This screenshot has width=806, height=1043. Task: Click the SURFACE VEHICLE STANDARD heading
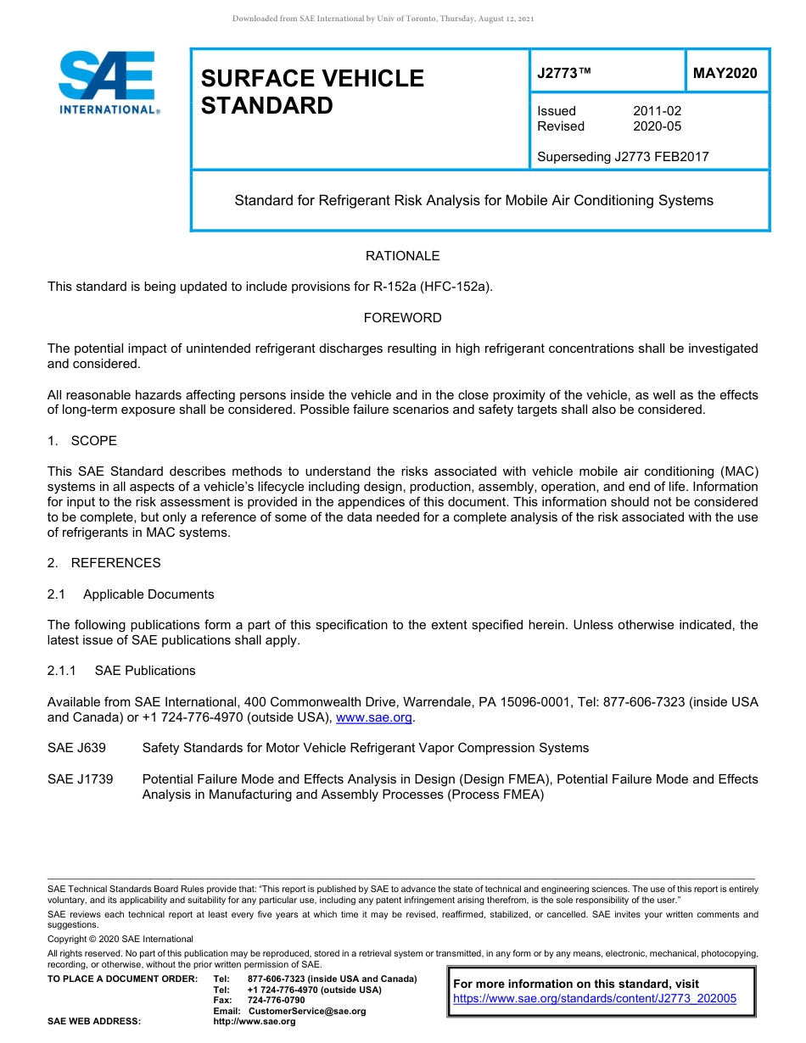click(311, 92)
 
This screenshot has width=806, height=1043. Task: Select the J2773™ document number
click(563, 74)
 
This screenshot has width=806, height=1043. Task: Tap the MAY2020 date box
click(725, 74)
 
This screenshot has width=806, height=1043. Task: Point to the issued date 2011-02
click(657, 111)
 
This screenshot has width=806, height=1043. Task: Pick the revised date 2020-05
click(657, 126)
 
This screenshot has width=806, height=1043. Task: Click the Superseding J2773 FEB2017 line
click(623, 156)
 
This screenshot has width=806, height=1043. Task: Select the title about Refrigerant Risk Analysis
click(473, 201)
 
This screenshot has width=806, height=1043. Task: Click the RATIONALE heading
click(402, 256)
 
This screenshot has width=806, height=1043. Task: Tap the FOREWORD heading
click(402, 318)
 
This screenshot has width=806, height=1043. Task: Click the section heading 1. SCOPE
click(82, 441)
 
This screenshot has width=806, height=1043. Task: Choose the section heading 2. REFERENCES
click(104, 563)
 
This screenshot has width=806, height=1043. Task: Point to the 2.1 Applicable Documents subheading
click(131, 594)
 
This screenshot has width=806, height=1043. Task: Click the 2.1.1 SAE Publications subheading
click(121, 671)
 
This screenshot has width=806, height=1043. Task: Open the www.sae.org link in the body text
click(374, 717)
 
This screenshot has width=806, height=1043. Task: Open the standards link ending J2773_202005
click(595, 999)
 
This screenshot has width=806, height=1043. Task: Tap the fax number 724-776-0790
click(276, 1001)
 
